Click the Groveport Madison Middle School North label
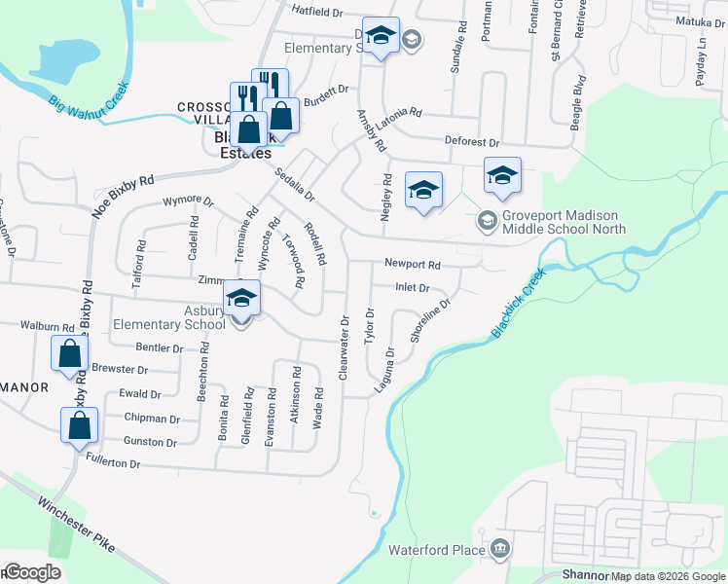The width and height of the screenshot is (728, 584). click(x=563, y=222)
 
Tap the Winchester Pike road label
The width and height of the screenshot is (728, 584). click(x=76, y=527)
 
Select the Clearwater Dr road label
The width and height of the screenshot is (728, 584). click(x=344, y=347)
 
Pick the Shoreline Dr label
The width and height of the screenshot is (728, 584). click(x=431, y=318)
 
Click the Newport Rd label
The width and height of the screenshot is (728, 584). click(x=412, y=264)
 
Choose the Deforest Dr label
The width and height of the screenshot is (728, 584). click(x=472, y=142)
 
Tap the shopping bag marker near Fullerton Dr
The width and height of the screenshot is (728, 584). click(x=79, y=425)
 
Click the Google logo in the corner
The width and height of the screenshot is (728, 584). click(x=31, y=573)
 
